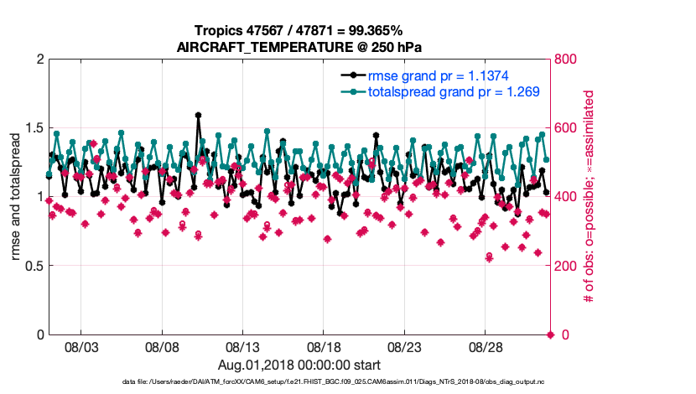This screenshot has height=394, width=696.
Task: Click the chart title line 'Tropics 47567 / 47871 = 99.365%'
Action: (x=299, y=30)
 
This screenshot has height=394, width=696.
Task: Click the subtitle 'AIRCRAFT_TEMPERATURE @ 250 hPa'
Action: (x=299, y=47)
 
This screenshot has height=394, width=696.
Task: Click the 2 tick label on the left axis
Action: (x=39, y=60)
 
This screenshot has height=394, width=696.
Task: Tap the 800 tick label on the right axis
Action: (x=569, y=60)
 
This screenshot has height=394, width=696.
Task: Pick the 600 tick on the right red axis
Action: (x=569, y=128)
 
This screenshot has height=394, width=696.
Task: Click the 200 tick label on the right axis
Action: (x=569, y=266)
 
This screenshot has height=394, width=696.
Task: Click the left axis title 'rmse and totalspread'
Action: (x=16, y=198)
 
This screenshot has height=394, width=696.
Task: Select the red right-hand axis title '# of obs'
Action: (x=590, y=197)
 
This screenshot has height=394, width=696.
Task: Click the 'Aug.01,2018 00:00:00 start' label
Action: (x=299, y=365)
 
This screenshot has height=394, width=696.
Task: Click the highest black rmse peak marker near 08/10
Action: (x=198, y=116)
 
